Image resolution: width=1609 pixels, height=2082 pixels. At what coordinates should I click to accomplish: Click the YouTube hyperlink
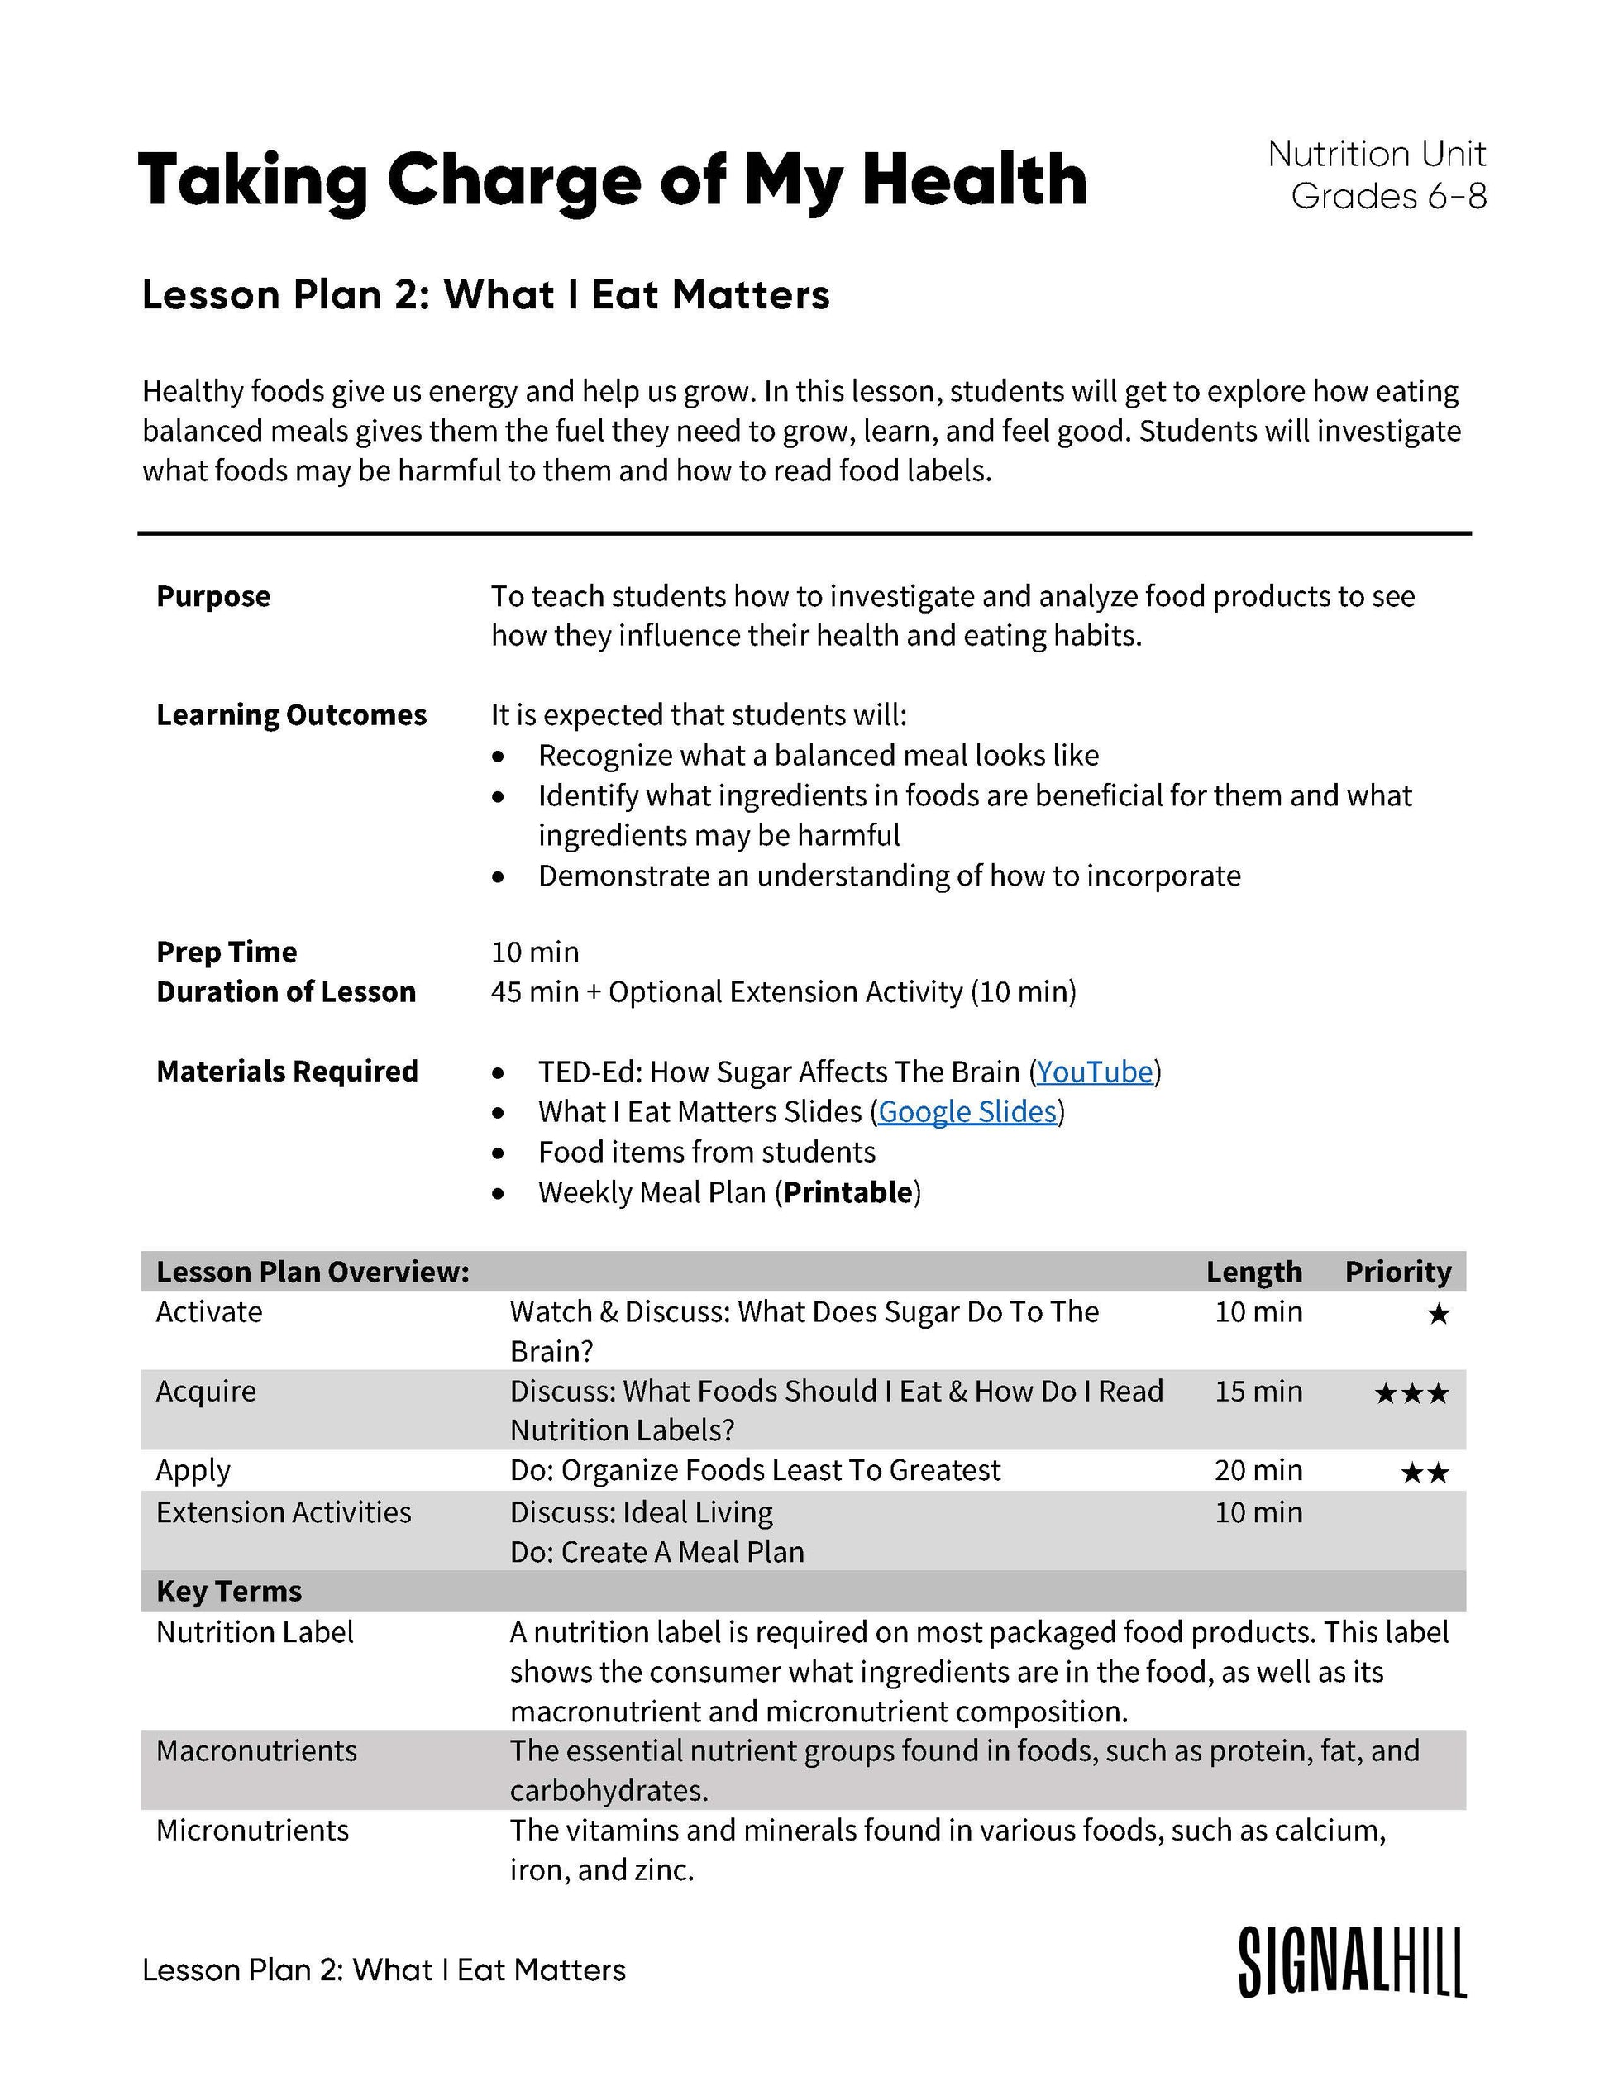point(1094,1072)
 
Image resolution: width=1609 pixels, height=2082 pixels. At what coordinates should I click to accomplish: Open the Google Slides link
point(967,1112)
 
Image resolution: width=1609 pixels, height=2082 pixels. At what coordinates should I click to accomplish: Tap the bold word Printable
point(847,1192)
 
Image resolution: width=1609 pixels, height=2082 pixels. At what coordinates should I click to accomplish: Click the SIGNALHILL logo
point(1351,1963)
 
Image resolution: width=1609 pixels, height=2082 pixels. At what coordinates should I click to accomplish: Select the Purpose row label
point(213,597)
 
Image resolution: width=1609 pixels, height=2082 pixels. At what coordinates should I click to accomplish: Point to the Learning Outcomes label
point(291,715)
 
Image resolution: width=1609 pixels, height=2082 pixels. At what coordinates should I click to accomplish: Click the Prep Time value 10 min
point(535,953)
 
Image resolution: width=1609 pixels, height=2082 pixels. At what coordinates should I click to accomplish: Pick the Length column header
point(1253,1272)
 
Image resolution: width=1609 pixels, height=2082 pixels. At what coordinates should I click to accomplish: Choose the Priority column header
point(1397,1272)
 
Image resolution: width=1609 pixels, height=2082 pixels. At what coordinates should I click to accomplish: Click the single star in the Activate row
point(1437,1316)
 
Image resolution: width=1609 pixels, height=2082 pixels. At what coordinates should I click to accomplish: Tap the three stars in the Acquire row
point(1411,1395)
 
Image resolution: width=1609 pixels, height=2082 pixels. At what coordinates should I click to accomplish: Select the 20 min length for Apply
point(1258,1471)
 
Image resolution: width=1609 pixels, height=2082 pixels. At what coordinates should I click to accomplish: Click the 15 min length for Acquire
point(1258,1392)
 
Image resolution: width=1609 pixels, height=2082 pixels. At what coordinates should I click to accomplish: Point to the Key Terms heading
point(229,1591)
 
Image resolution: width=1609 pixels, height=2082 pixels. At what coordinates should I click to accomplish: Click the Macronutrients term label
point(256,1751)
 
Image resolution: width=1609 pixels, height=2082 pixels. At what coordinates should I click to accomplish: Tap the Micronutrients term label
point(253,1831)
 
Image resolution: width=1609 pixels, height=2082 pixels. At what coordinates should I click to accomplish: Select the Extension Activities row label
point(283,1513)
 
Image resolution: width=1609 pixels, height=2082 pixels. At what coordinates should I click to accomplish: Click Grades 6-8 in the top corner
point(1388,197)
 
